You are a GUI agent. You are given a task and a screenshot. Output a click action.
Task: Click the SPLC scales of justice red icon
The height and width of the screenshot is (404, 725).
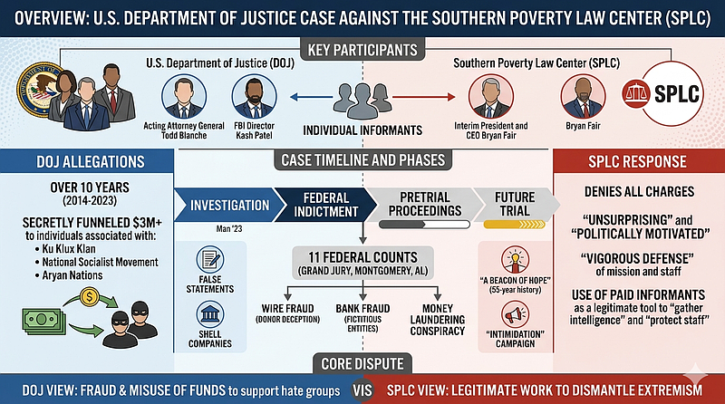pos(636,94)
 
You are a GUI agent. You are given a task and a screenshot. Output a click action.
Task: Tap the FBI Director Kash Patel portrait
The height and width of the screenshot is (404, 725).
pos(255,97)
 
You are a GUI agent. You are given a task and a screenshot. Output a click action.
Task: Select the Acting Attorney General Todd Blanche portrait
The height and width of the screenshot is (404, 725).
pos(184,97)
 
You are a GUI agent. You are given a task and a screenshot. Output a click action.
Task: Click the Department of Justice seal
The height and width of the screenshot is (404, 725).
pos(39,88)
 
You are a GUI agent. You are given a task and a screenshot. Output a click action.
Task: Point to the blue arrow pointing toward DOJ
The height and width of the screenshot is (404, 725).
pos(311,97)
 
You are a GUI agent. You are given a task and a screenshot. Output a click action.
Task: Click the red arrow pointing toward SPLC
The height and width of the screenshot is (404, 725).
pos(424,97)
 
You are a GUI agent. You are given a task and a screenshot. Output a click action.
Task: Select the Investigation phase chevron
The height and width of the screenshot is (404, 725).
pos(229,205)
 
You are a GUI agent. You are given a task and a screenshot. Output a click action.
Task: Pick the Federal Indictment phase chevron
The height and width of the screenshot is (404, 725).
pos(325,205)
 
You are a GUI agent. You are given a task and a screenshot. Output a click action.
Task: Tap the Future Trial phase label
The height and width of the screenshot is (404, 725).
pos(515,204)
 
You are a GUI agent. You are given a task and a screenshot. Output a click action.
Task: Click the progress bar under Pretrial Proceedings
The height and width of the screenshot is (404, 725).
pos(424,225)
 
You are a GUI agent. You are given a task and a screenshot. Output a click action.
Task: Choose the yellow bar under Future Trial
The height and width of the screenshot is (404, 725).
pos(514,225)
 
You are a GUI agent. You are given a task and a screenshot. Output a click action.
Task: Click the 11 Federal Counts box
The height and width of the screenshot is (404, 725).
pos(363,263)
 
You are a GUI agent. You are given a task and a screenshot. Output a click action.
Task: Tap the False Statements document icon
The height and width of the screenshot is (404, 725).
pos(210,259)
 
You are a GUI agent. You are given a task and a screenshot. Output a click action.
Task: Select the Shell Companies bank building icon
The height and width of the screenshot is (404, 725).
pos(210,314)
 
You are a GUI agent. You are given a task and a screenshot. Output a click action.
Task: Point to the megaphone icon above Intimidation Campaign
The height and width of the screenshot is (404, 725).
pos(515,314)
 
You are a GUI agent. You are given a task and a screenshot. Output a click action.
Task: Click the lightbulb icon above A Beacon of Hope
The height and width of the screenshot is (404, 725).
pos(515,260)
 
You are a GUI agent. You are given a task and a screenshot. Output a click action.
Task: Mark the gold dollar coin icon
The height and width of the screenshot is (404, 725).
pos(90,297)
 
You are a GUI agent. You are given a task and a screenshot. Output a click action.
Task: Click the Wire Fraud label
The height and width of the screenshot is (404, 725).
pos(287,308)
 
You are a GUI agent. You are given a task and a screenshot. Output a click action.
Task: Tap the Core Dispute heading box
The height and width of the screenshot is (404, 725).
pos(362,364)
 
